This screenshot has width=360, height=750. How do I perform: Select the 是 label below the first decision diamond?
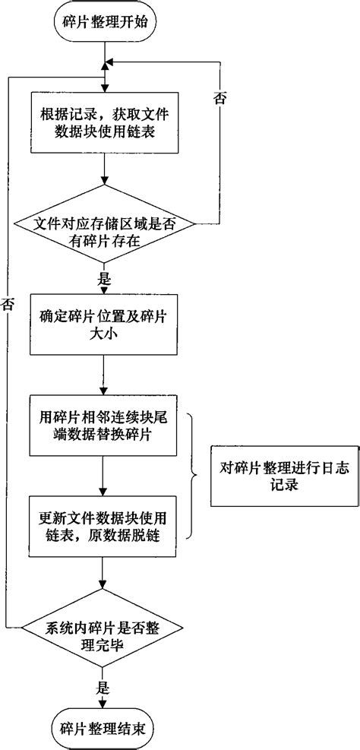click(104, 277)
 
